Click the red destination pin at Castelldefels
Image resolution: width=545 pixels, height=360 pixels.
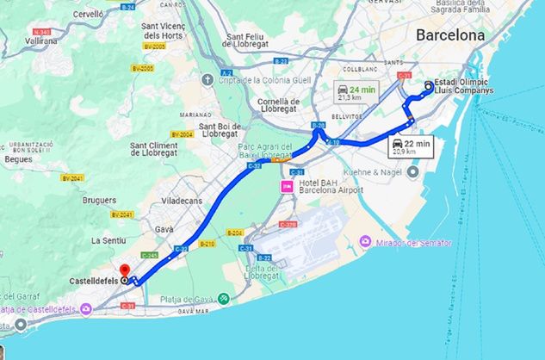[124, 270]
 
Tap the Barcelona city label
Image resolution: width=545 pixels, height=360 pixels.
[449, 35]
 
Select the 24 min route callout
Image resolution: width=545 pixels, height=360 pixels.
[356, 90]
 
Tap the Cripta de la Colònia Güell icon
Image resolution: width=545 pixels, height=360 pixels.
[207, 80]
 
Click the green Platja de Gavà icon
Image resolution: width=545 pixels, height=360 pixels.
[224, 298]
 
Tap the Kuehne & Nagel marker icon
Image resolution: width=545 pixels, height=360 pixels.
[412, 171]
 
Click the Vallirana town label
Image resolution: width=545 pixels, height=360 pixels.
[41, 40]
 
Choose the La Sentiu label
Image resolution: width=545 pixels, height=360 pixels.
[109, 239]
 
